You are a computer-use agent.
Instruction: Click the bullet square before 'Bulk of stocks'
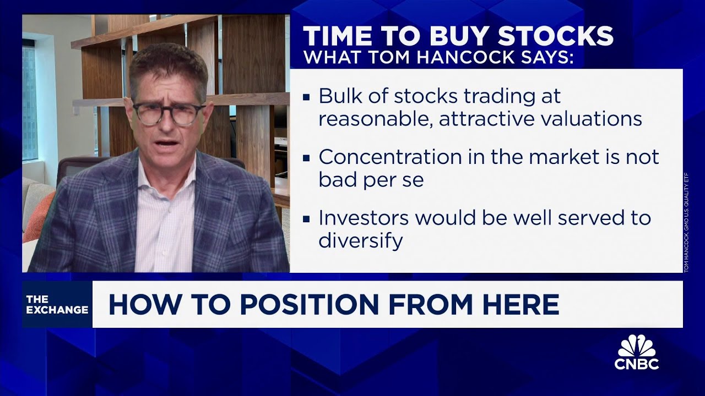coord(306,98)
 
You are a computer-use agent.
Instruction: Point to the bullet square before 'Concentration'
coord(306,158)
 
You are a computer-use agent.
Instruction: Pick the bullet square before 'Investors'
coord(306,219)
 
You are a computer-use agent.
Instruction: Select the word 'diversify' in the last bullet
coord(361,240)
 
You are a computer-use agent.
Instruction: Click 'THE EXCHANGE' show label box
coord(57,304)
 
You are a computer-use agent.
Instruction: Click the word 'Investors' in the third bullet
coord(363,218)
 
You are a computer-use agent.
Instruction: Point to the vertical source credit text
coord(687,223)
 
